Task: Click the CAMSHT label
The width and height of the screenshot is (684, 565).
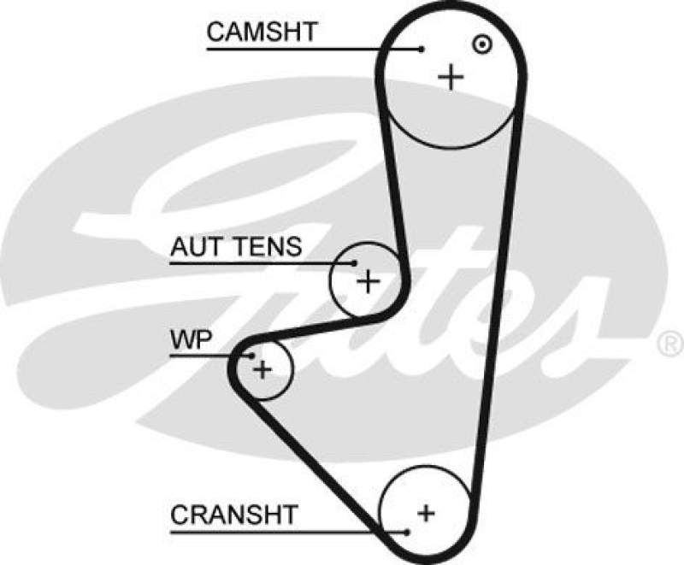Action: coord(262,32)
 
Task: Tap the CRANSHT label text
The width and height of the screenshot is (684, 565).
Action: coord(233,515)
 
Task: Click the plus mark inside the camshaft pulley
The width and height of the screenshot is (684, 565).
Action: coord(451,78)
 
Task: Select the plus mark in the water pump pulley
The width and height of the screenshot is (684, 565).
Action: coord(262,369)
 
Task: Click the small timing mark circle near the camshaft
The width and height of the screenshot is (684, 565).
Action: coord(482,43)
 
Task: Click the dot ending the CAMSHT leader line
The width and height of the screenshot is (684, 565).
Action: coord(422,49)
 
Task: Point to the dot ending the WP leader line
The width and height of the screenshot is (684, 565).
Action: coord(252,354)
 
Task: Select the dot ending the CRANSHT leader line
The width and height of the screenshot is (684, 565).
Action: coord(409,532)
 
